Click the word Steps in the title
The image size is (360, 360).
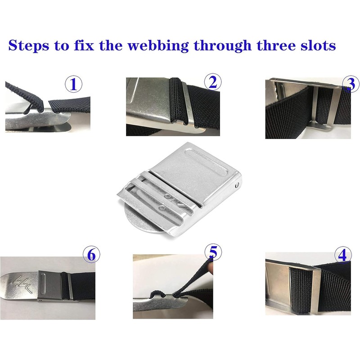[x=29, y=45]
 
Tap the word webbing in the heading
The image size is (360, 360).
[x=158, y=46]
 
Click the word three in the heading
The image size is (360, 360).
[x=276, y=45]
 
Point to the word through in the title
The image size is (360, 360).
[x=222, y=46]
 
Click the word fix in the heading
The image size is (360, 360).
[x=84, y=45]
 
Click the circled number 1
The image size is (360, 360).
[x=73, y=84]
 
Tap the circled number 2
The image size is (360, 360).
[x=213, y=82]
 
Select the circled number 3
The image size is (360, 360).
[x=351, y=84]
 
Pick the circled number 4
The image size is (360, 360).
[x=343, y=255]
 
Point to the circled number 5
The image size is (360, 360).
[x=213, y=252]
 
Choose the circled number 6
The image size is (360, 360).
[x=91, y=255]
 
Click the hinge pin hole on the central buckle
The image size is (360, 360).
[x=238, y=184]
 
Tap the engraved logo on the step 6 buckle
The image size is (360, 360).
[x=22, y=284]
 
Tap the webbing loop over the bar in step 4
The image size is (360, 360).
[x=301, y=290]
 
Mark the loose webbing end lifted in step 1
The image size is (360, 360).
[x=24, y=95]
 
